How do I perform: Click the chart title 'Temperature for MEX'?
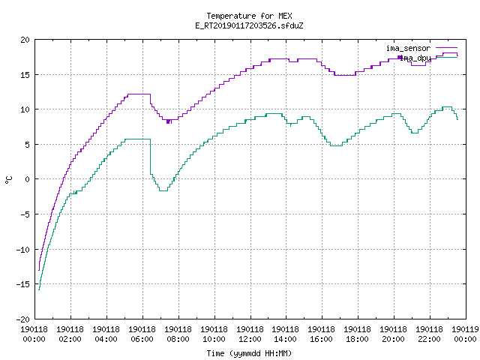(x=249, y=16)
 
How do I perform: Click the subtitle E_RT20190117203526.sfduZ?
(x=249, y=25)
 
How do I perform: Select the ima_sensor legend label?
(x=408, y=48)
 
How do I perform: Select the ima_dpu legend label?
(x=415, y=58)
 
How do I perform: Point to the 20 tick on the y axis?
(x=25, y=40)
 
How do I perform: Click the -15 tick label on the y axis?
(x=23, y=284)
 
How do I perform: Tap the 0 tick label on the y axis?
(x=27, y=179)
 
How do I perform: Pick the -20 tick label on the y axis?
(x=23, y=319)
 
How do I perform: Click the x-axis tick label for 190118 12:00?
(x=250, y=334)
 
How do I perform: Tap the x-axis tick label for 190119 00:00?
(x=465, y=334)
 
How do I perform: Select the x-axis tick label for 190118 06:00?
(x=142, y=334)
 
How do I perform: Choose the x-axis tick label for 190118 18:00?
(x=358, y=334)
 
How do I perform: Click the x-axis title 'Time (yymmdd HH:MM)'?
(x=249, y=353)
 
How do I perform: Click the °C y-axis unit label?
(x=9, y=180)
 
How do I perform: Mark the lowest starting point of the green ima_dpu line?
(x=39, y=289)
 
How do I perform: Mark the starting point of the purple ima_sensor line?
(x=39, y=270)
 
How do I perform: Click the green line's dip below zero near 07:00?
(x=163, y=190)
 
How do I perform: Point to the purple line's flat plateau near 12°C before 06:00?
(x=139, y=94)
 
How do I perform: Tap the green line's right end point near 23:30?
(x=457, y=119)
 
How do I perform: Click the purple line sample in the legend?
(x=447, y=48)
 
